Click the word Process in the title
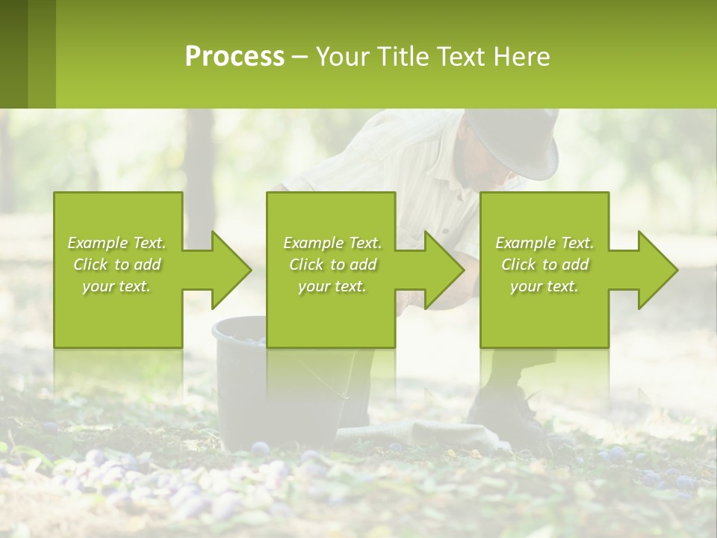click(x=235, y=57)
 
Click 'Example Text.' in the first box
click(x=117, y=243)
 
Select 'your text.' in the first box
click(x=117, y=286)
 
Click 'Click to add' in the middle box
click(x=332, y=265)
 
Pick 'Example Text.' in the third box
click(x=544, y=243)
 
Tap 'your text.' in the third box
click(x=544, y=286)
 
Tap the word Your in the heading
click(x=343, y=57)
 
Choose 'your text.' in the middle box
click(x=332, y=286)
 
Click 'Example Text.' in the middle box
click(x=332, y=243)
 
